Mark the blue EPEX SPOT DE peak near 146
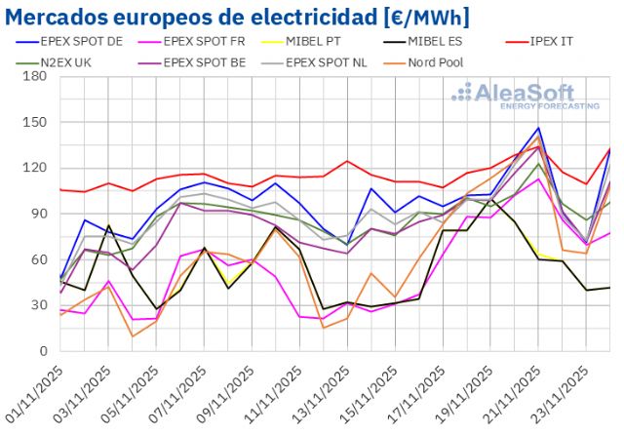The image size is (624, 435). [x=538, y=128]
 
